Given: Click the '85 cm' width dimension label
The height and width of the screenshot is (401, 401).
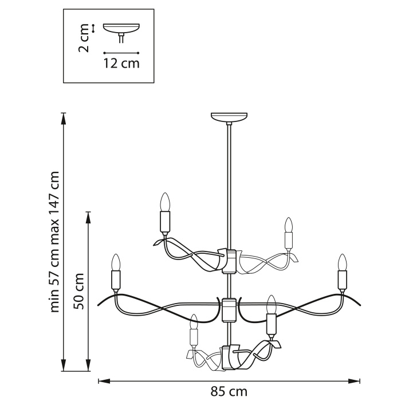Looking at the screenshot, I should [229, 391].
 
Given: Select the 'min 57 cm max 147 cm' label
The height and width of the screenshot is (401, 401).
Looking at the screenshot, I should [55, 241].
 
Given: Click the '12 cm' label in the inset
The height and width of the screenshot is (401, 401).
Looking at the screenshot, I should [121, 63].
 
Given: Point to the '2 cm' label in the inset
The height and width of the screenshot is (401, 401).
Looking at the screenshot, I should [84, 38].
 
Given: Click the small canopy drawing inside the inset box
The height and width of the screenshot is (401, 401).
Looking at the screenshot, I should [121, 29].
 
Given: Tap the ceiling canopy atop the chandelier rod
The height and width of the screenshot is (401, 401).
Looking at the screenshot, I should [230, 117].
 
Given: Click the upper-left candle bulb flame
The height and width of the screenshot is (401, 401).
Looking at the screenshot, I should [165, 201].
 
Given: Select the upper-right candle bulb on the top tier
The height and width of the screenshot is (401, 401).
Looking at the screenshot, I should [289, 225].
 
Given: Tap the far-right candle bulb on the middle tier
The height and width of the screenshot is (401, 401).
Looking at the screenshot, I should [343, 262].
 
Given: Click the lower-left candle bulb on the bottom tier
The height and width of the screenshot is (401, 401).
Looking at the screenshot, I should [194, 322].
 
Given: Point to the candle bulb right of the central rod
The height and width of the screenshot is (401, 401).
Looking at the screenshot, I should [272, 304].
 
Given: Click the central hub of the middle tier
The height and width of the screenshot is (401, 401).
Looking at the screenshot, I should [229, 310].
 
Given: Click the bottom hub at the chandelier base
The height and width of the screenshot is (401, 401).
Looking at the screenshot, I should [229, 357].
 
